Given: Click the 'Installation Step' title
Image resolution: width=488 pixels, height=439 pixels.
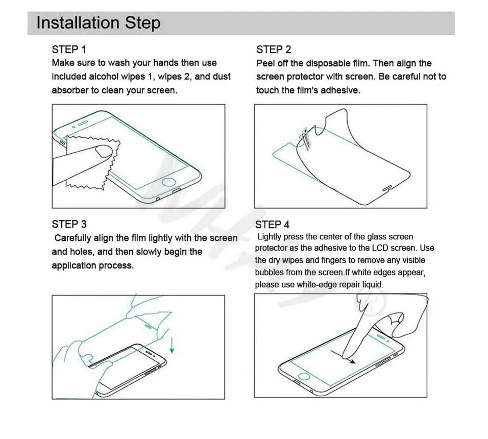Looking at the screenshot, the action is pos(99,23).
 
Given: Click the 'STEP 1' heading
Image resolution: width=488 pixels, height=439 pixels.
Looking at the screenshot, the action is pos(69,50).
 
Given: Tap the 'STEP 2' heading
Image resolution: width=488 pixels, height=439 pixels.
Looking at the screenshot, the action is pos(274,50).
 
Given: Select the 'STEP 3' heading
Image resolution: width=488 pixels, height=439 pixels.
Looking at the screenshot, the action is pos(69,224).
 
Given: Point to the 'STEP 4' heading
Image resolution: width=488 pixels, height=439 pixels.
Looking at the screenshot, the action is pos(272,225).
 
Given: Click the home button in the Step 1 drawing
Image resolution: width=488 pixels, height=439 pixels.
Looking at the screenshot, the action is pos(169,182).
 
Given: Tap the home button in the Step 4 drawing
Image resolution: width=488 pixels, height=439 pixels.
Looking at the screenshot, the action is pos(304,376).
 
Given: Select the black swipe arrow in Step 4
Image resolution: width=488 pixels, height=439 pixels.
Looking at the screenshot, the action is pos(343,357).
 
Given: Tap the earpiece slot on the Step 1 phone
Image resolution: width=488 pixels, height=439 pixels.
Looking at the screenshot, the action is pos(83,124).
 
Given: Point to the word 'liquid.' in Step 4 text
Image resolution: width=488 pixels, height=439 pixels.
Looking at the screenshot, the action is pos(373,284).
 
